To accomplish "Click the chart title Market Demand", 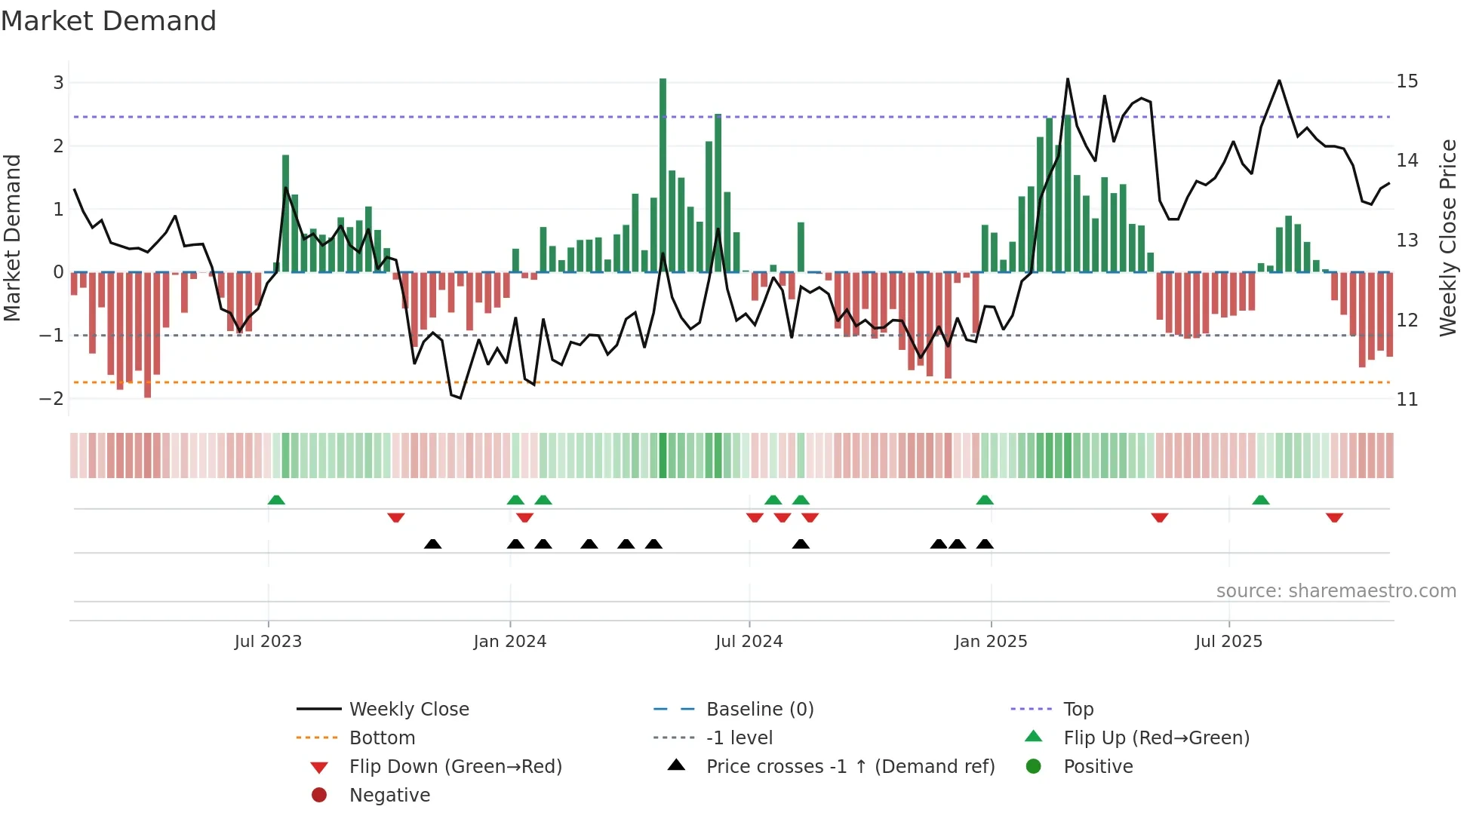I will (x=109, y=21).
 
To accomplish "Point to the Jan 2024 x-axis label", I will (x=509, y=642).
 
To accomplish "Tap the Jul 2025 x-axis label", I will (x=1228, y=642).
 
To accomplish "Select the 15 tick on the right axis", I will (x=1407, y=81).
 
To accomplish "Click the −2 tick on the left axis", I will (x=52, y=399).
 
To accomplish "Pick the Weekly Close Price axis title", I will (x=1447, y=238).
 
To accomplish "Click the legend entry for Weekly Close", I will (x=408, y=710).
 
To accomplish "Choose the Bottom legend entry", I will (x=382, y=738).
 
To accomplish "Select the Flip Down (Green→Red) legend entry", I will (x=455, y=767).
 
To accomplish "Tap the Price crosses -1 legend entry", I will (x=850, y=767).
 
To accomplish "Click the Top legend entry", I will (x=1078, y=710).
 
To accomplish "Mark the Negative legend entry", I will (x=389, y=796).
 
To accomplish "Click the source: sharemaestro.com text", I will (x=1336, y=591).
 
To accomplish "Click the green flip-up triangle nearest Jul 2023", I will (x=276, y=500).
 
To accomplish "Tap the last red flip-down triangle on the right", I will (x=1334, y=517).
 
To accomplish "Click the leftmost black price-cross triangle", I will (x=432, y=544).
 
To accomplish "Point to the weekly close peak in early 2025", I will (x=1067, y=80).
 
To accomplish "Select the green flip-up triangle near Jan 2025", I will (x=985, y=500).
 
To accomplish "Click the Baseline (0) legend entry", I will (x=759, y=710).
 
